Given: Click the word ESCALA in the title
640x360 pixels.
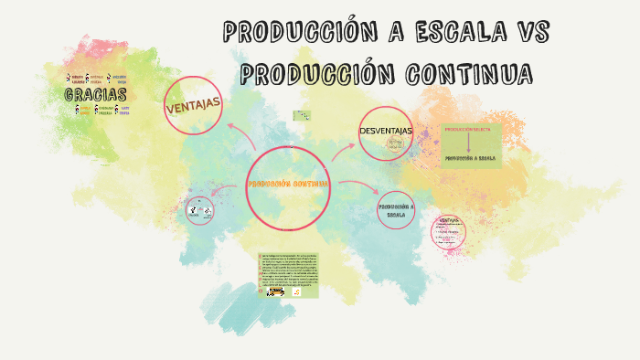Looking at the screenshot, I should tap(453, 33).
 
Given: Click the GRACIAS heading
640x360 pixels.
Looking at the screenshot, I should tap(95, 95).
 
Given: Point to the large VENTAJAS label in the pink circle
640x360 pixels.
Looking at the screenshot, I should tap(194, 106).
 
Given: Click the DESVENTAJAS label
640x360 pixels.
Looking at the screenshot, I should tap(386, 132).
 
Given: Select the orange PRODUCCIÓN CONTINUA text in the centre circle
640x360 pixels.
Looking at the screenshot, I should tap(288, 184).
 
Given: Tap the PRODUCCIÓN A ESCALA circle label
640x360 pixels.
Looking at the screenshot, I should tap(396, 210).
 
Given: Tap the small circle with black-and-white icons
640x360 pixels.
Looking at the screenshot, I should tap(199, 211).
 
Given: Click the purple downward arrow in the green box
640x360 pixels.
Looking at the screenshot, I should tap(468, 143).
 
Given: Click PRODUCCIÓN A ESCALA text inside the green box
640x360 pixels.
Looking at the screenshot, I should tap(470, 158).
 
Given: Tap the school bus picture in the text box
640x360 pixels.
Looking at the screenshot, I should tap(274, 292).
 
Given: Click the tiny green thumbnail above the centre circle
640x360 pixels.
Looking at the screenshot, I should tap(300, 116).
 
